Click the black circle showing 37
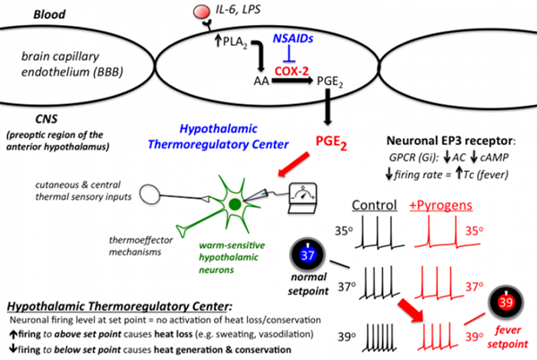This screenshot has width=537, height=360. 310,256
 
